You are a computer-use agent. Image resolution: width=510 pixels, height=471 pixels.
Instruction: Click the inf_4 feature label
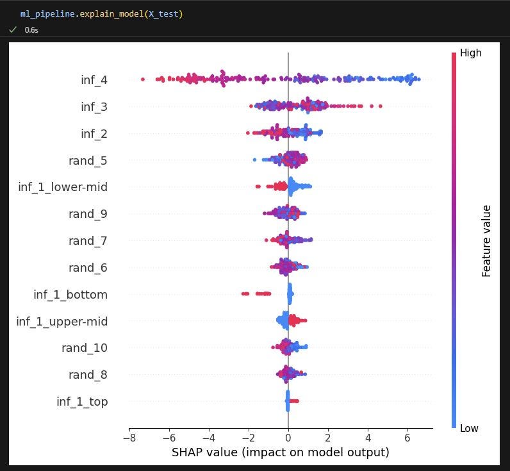(x=94, y=80)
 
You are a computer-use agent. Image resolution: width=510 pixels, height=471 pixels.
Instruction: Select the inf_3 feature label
(x=94, y=107)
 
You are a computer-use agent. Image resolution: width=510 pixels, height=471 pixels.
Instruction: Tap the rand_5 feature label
(x=88, y=161)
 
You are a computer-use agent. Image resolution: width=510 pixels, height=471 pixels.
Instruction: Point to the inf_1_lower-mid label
(x=63, y=187)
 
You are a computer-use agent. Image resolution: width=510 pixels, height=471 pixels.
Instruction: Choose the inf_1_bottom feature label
(x=70, y=295)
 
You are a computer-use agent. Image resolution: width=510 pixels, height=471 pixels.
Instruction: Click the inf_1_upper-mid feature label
(x=62, y=322)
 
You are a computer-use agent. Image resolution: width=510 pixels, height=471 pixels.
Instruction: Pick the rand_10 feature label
(x=85, y=348)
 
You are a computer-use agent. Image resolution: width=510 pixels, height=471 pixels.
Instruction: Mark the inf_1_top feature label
(x=82, y=402)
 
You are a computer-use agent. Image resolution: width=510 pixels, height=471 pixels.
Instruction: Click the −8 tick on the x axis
(x=129, y=438)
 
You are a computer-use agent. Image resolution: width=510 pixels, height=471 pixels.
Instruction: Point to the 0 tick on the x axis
(x=288, y=438)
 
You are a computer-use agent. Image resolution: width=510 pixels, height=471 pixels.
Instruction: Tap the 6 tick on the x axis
(x=407, y=438)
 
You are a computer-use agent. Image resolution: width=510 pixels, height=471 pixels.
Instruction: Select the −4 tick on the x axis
(x=209, y=438)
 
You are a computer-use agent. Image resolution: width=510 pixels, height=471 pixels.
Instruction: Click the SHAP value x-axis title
(x=280, y=452)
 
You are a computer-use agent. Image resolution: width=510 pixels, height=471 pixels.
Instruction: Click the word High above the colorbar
(x=471, y=53)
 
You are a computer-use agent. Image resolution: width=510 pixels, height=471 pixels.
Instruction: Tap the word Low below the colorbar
(x=469, y=428)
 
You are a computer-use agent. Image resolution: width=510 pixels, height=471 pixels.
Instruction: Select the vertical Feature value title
(x=486, y=241)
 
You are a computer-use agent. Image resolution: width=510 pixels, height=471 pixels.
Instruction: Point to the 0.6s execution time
(x=31, y=29)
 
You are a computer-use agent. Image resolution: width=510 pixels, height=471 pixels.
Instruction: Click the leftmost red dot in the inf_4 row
(x=142, y=79)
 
